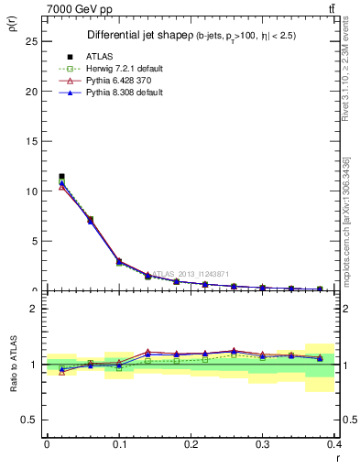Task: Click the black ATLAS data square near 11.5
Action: (x=61, y=176)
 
